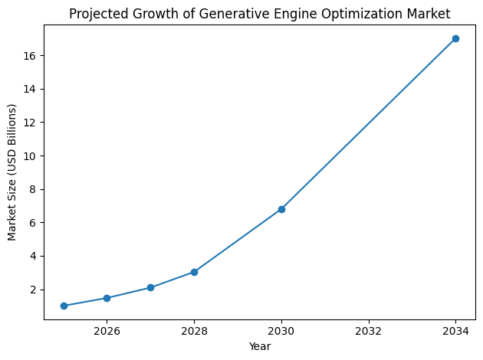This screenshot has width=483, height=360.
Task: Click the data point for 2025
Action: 64,306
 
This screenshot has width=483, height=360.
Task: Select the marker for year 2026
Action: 107,298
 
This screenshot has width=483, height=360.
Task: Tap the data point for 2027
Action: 150,287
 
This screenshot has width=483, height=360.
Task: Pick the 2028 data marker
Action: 194,272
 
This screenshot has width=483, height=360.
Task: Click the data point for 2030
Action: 281,209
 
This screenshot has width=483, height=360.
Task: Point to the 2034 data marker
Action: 455,38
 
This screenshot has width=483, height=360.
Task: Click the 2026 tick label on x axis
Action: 107,331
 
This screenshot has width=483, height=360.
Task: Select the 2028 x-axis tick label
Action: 194,331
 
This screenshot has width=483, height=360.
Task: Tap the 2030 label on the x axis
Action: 281,331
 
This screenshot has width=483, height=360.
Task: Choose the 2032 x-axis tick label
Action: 369,331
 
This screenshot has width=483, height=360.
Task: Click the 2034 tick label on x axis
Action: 455,331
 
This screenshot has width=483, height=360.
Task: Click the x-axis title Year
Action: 260,346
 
